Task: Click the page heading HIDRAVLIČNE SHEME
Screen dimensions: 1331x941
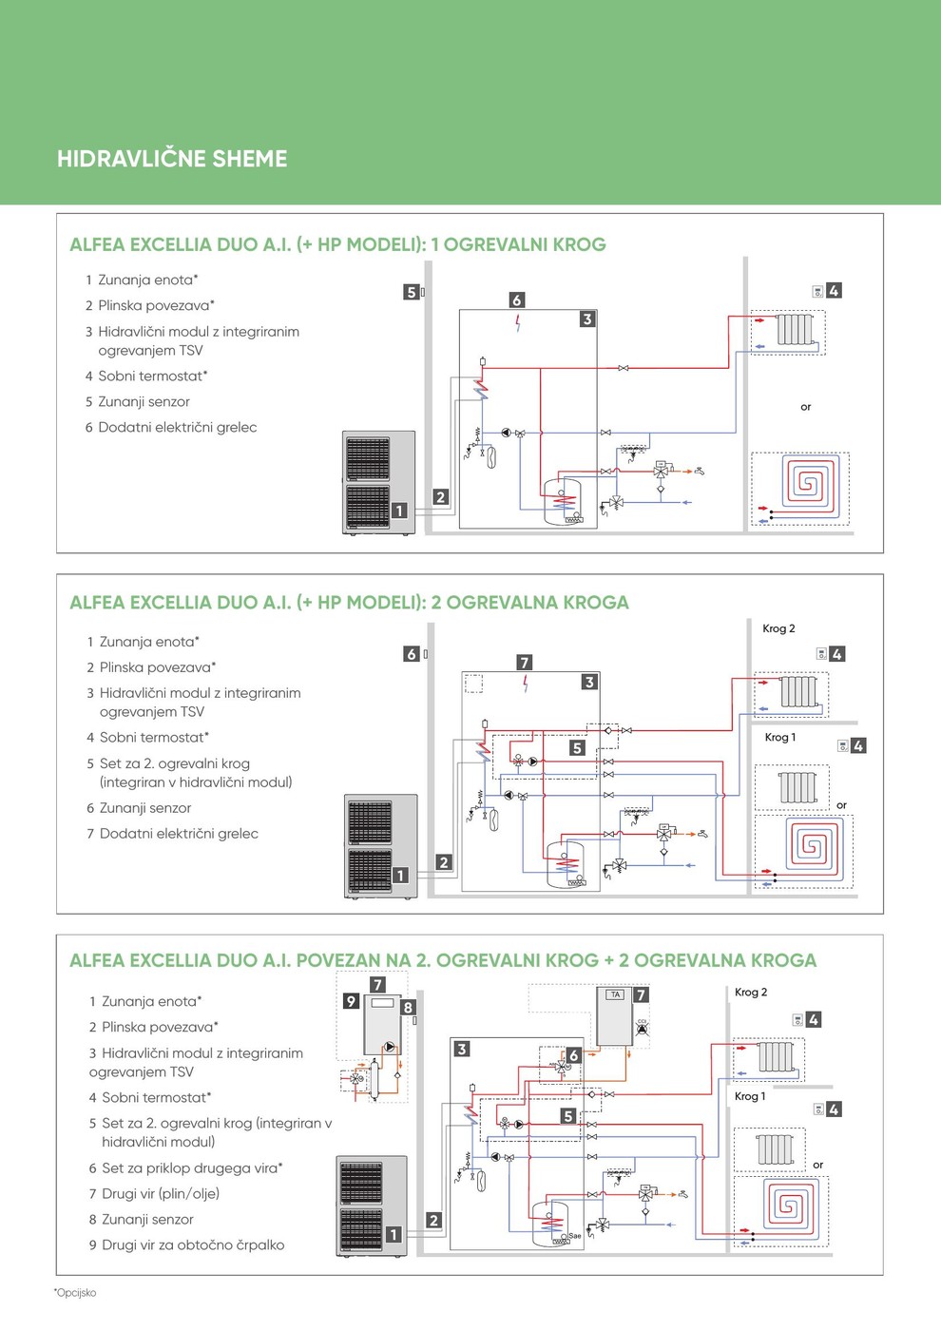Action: tap(172, 159)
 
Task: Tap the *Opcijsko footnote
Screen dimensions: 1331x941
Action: tap(75, 1293)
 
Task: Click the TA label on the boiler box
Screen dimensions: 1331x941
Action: tap(615, 994)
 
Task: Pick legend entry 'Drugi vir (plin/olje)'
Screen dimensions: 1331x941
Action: tap(161, 1193)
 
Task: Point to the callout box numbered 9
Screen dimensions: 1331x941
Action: tap(351, 1001)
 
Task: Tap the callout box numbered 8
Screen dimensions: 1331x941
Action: tap(408, 1008)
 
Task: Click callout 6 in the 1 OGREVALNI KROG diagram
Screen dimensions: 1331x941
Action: tap(517, 300)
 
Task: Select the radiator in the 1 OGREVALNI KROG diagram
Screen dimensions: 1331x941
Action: tap(795, 330)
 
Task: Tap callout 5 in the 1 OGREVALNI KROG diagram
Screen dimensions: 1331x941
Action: tap(411, 292)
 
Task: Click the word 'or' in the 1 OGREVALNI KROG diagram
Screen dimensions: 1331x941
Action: tap(806, 407)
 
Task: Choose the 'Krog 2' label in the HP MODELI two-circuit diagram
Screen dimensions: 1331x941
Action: tap(778, 628)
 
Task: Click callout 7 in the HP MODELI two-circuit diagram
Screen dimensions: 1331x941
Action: tap(525, 663)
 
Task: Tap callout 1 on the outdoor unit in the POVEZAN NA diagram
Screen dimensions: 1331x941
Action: tap(394, 1234)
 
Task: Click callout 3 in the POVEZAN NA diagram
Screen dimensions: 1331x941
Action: tap(462, 1050)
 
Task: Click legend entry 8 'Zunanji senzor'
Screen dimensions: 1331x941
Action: tap(147, 1219)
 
